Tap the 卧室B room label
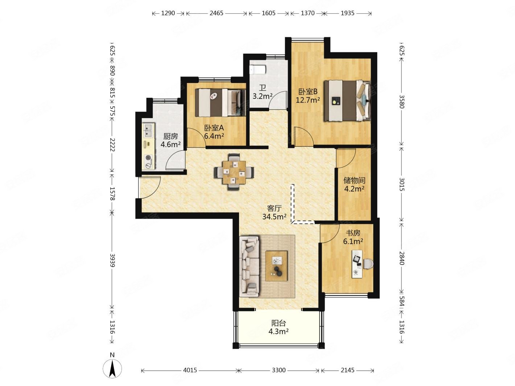click(308, 91)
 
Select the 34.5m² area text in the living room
click(274, 217)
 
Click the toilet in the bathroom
click(257, 69)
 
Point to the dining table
click(234, 172)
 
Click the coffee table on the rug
click(276, 266)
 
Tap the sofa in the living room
click(249, 267)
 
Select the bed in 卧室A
click(220, 103)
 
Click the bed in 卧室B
click(347, 101)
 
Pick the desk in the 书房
click(357, 264)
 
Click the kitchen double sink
click(148, 131)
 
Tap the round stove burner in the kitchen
click(148, 158)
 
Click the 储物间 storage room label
click(354, 180)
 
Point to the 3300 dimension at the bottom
click(279, 370)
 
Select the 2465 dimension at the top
click(216, 13)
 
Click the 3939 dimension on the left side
click(112, 260)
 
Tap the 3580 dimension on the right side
click(401, 101)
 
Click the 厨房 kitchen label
click(170, 136)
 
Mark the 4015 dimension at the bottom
click(190, 370)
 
